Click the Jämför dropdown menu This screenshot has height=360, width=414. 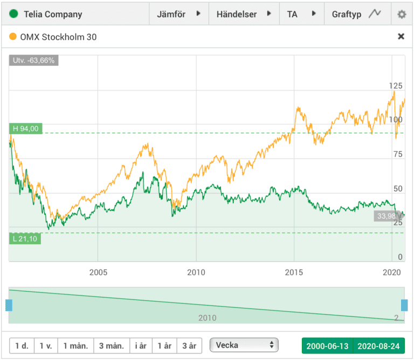178,14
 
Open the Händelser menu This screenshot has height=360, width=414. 244,14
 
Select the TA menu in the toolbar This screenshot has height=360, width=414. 301,14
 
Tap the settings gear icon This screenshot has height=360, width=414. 401,14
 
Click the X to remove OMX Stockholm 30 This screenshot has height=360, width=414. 401,37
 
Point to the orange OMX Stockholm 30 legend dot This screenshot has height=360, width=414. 13,37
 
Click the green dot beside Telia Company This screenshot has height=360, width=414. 13,14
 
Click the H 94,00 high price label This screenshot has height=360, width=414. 25,129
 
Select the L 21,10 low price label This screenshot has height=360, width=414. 25,238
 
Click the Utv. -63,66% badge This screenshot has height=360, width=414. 33,60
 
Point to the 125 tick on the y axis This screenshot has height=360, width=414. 396,86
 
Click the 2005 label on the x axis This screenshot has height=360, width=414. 98,272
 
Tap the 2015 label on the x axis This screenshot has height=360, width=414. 294,272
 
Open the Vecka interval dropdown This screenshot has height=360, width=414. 244,345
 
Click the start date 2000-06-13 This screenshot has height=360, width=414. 327,345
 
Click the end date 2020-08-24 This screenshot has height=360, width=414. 378,345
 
